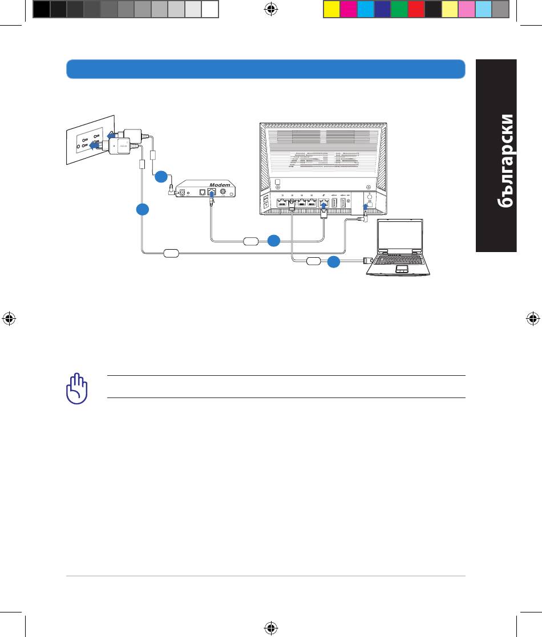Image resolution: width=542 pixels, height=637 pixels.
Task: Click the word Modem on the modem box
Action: point(220,185)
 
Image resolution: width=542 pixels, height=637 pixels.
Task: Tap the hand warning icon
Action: point(77,388)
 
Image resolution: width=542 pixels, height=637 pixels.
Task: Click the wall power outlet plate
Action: point(90,140)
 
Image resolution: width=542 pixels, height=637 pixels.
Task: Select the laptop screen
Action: point(400,236)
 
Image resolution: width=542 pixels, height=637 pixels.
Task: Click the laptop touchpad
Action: point(402,269)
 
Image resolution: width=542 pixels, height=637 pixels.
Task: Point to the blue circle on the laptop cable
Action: point(334,262)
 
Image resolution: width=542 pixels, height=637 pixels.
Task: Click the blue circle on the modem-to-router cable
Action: point(274,241)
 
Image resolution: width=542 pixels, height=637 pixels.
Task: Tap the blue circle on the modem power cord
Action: point(161,177)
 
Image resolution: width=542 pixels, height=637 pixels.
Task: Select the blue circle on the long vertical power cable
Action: point(143,209)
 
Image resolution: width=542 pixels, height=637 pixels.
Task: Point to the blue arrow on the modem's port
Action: point(211,193)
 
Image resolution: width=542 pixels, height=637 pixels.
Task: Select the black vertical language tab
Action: point(496,156)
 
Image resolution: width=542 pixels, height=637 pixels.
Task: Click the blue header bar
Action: point(266,69)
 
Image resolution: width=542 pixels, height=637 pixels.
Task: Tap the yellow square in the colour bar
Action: point(331,9)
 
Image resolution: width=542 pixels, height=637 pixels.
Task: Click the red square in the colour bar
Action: point(416,9)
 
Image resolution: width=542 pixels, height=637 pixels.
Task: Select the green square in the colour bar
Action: point(399,9)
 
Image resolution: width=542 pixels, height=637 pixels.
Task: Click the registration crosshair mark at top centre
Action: point(271,9)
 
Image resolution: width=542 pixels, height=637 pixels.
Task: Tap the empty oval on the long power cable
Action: point(171,254)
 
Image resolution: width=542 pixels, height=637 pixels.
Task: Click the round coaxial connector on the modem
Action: point(223,192)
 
